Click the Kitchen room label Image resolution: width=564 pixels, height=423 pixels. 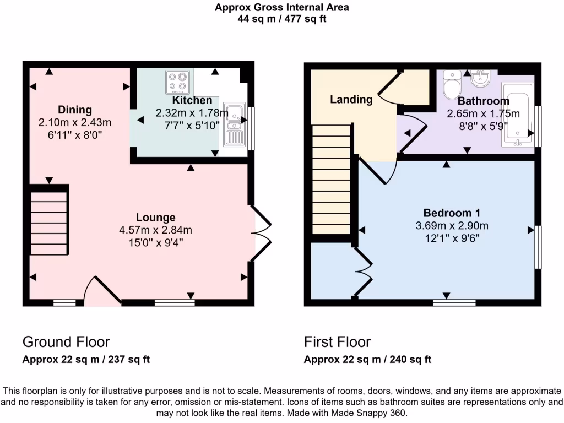click(x=192, y=100)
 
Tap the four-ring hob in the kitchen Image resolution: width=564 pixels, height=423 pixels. click(x=178, y=82)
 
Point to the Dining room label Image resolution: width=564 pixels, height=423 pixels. click(x=75, y=110)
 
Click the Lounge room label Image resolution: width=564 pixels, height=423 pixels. click(x=156, y=218)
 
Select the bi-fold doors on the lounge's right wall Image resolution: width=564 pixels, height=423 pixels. click(x=262, y=232)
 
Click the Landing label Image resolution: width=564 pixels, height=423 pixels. click(x=351, y=100)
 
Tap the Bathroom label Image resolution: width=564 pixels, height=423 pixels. click(x=483, y=101)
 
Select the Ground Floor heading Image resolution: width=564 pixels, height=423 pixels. click(x=66, y=342)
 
